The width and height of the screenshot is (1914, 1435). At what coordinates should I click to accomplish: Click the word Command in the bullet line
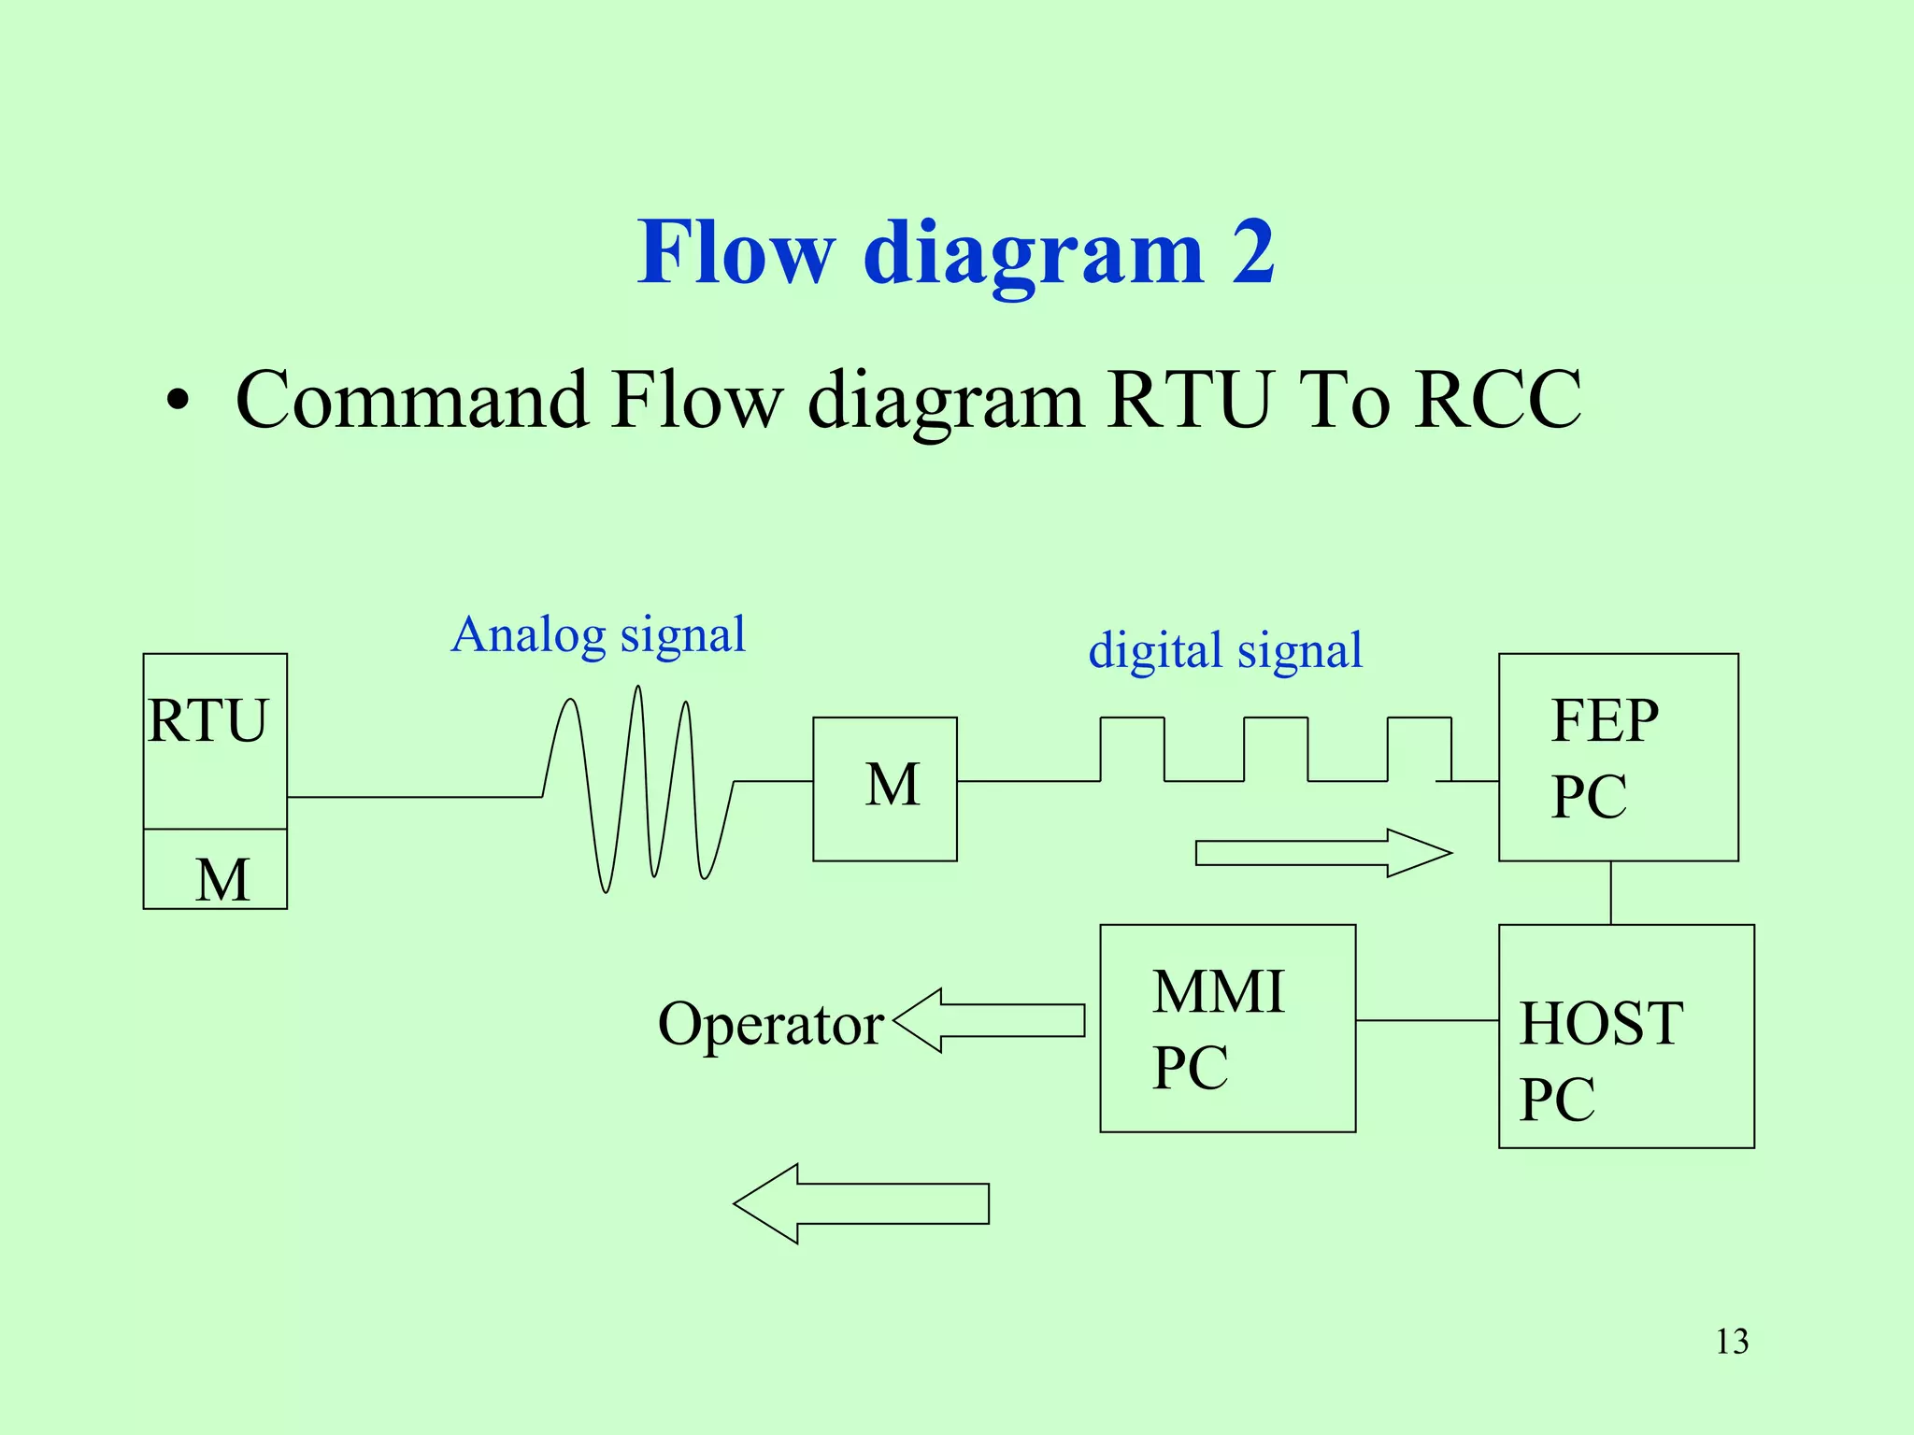pos(411,400)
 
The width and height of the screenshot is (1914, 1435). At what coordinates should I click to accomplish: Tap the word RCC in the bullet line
pos(1497,400)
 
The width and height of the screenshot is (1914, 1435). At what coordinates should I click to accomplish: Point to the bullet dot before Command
pos(177,402)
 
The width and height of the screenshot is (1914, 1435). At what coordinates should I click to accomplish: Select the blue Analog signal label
pos(598,635)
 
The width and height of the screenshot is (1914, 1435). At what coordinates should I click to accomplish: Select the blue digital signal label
pos(1225,651)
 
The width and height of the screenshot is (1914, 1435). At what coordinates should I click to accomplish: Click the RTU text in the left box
pos(207,721)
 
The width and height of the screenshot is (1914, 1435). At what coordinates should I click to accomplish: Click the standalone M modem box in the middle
pos(885,789)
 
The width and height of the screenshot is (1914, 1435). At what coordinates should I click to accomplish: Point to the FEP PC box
pos(1618,757)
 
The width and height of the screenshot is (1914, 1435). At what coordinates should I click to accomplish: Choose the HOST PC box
pos(1626,1036)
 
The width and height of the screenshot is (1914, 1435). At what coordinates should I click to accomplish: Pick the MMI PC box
pos(1227,1029)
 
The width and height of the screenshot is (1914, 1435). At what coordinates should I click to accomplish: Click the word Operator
pos(770,1025)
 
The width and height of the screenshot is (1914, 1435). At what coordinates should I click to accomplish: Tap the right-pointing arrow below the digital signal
pos(1322,853)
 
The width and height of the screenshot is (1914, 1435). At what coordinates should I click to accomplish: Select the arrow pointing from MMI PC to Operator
pos(991,1020)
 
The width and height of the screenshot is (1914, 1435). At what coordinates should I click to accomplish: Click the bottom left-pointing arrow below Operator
pos(861,1203)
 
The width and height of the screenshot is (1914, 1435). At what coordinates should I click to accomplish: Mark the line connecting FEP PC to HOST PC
pos(1610,892)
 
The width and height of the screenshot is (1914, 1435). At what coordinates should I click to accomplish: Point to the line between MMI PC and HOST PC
pos(1427,1020)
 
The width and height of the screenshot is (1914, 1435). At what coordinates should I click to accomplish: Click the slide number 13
pos(1732,1342)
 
